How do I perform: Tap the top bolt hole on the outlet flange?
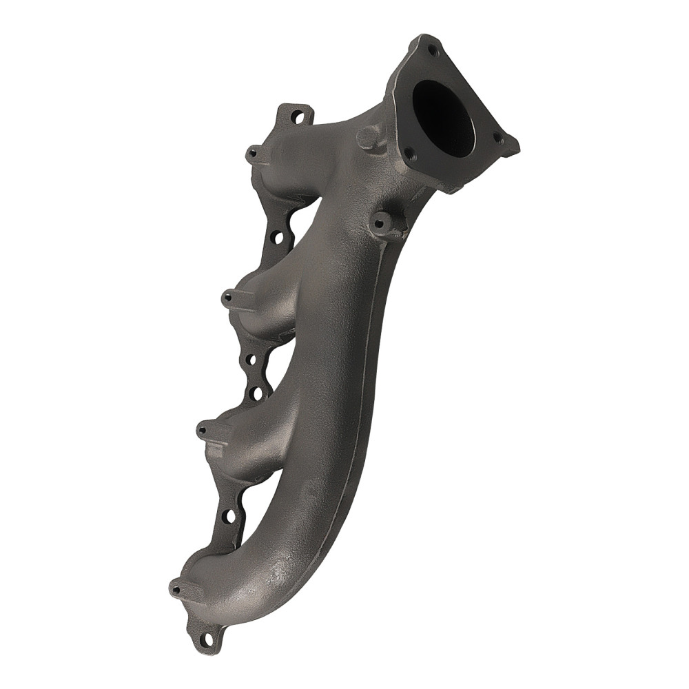[x=432, y=50]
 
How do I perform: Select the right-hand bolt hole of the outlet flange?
[x=499, y=139]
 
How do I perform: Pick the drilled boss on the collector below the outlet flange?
[x=380, y=222]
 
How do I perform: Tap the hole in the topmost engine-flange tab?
[x=298, y=117]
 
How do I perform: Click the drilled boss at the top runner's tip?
[x=253, y=152]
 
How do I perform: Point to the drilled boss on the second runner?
[x=228, y=298]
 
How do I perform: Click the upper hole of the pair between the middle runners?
[x=249, y=360]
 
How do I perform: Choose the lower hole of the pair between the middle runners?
[x=256, y=393]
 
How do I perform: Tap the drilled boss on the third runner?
[x=203, y=429]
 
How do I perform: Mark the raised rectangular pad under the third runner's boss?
[x=216, y=451]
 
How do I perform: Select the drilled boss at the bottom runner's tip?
[x=176, y=588]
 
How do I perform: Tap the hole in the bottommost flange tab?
[x=205, y=639]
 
